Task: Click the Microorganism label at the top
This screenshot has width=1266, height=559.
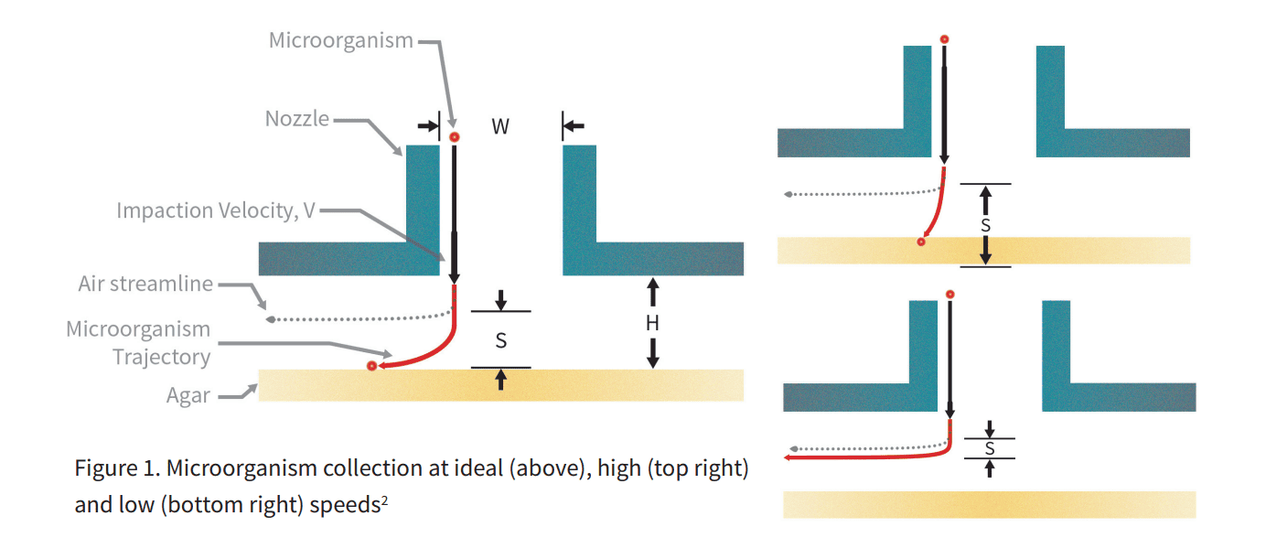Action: pos(340,40)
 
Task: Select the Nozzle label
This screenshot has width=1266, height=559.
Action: pos(296,119)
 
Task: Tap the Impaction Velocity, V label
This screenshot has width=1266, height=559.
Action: pos(216,210)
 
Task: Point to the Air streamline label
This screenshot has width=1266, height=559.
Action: pos(145,284)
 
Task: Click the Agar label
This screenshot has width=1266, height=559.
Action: pos(188,396)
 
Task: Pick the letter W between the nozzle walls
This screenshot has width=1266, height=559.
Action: pos(500,127)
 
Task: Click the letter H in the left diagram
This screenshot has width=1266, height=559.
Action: pos(652,323)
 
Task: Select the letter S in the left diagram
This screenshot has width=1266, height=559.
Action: pos(500,341)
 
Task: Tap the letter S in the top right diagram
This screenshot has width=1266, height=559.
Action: pos(985,224)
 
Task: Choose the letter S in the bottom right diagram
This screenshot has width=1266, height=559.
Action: pos(990,448)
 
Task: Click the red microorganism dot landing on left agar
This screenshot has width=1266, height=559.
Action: pos(370,366)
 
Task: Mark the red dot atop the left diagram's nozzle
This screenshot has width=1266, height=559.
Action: pos(455,137)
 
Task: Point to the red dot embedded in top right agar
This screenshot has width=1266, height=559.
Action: pos(921,242)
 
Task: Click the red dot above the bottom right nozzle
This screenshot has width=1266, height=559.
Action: pos(950,294)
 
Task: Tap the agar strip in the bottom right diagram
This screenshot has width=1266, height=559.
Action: pos(989,505)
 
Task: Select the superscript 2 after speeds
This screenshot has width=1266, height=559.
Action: pos(387,500)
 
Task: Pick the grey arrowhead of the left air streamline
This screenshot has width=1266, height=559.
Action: pos(270,318)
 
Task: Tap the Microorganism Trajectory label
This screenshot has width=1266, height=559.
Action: pos(138,343)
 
